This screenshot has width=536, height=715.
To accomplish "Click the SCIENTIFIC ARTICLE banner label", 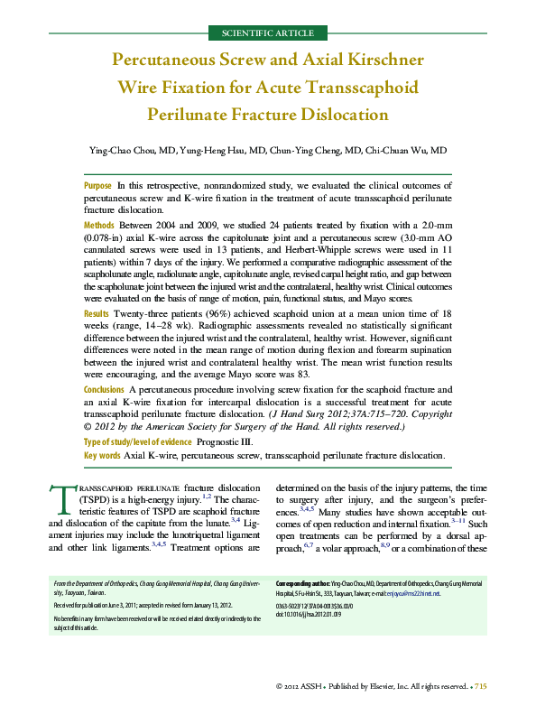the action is (267, 33).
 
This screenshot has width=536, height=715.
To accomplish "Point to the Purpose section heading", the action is (97, 184).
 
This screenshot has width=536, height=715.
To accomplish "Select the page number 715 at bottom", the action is (480, 688).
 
